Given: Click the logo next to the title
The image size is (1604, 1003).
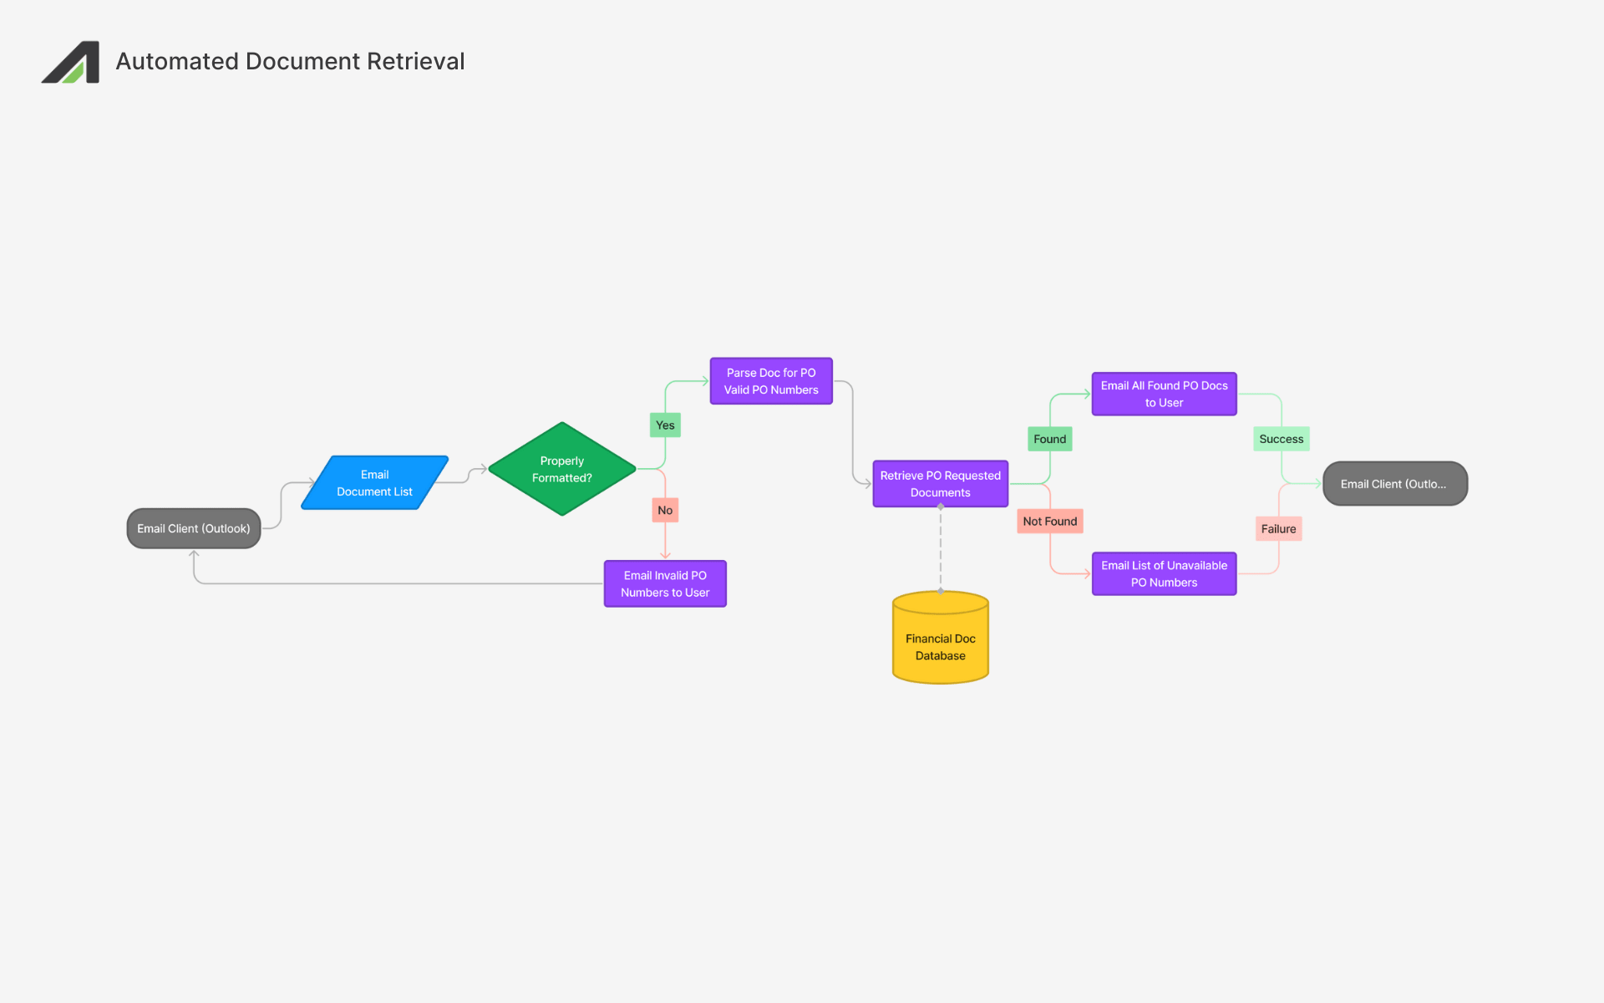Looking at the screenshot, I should tap(71, 62).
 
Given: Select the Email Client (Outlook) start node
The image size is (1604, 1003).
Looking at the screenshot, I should tap(194, 528).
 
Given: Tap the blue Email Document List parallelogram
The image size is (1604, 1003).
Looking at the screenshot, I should tap(374, 483).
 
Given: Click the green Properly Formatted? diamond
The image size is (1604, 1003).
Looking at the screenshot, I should tap(561, 469).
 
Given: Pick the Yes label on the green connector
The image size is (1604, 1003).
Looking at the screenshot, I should tap(665, 425).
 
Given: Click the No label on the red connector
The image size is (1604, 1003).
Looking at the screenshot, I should tap(665, 510).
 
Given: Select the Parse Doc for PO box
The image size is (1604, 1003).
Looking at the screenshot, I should tap(770, 381).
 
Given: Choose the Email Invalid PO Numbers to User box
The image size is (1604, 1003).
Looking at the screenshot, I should tap(665, 583).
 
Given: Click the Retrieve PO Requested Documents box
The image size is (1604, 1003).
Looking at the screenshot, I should tap(940, 484).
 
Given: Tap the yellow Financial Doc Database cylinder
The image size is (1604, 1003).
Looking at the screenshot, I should tap(940, 644).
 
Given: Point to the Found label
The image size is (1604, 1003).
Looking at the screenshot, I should tap(1049, 439).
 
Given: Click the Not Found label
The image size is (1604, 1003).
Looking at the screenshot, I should tap(1049, 522).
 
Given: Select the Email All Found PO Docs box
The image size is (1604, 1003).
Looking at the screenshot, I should tap(1164, 394).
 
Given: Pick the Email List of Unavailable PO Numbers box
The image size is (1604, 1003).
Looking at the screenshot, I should tap(1164, 573).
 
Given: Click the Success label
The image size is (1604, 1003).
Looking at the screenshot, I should tap(1281, 439).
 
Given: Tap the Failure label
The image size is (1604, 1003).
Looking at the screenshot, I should tap(1278, 529).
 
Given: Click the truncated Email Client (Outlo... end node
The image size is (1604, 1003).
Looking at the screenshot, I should tap(1394, 484).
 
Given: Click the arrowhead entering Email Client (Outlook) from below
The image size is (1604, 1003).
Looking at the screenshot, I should tap(194, 554).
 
